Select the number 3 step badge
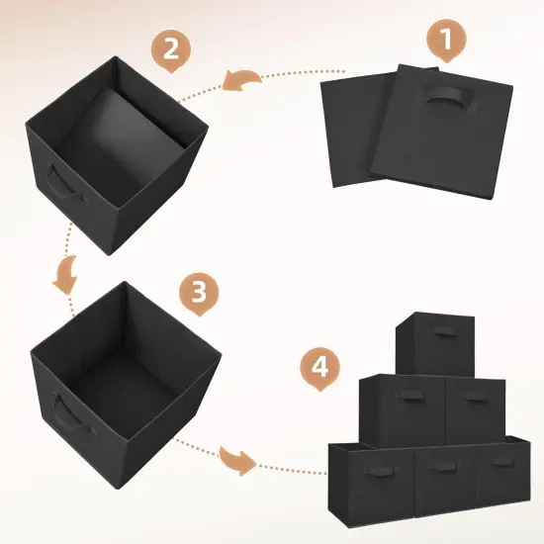[199, 294]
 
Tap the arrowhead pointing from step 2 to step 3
[65, 277]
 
